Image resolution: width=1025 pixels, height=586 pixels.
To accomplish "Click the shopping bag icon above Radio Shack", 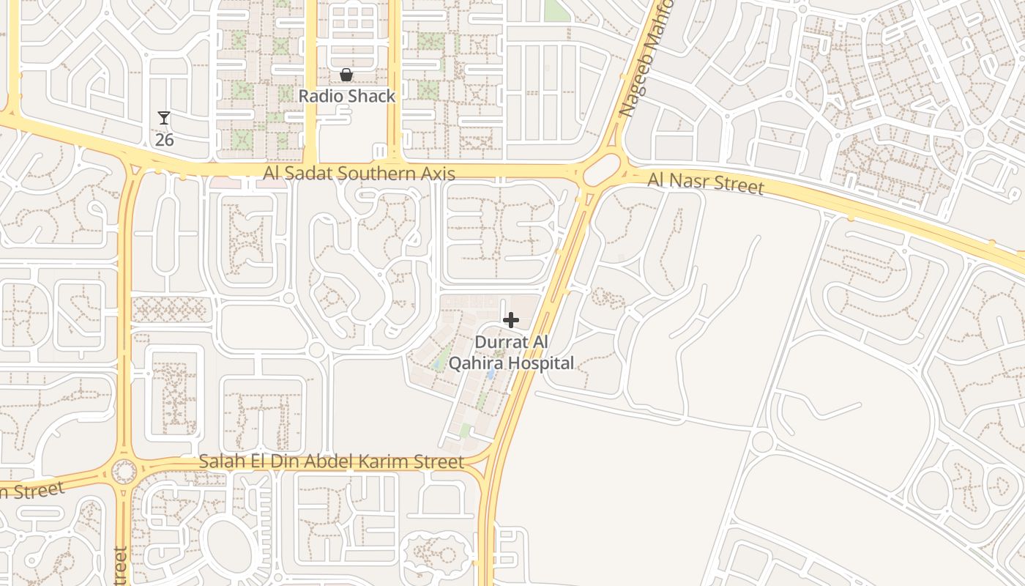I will pos(346,75).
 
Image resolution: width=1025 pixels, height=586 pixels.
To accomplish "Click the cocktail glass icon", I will pos(164,118).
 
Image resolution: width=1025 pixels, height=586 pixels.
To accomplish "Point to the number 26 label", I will pos(164,139).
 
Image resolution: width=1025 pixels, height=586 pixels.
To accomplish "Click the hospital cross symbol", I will pos(511,320).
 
